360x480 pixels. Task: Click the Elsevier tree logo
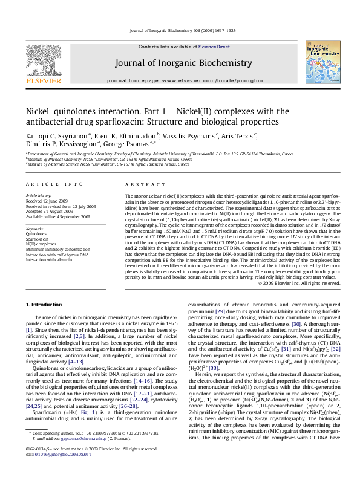tap(41, 60)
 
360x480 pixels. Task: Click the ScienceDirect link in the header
tap(214, 47)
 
